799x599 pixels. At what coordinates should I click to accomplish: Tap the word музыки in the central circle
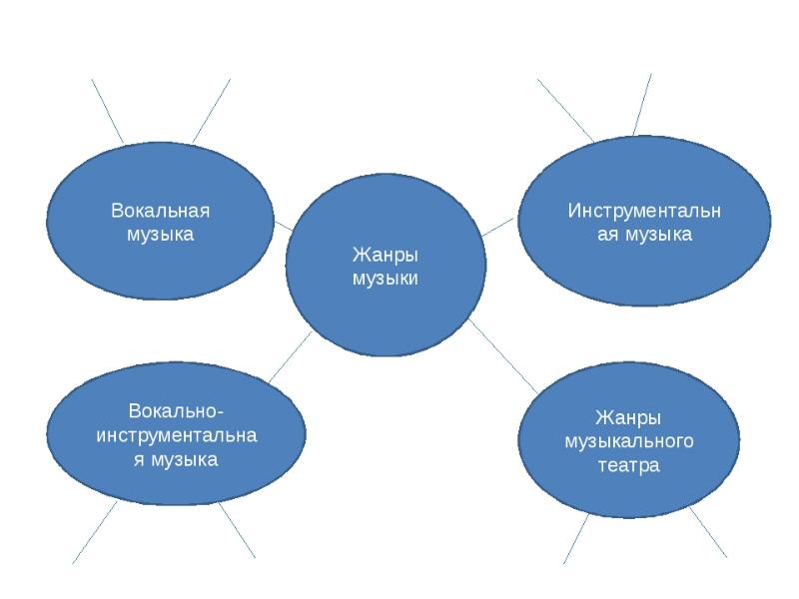coord(385,278)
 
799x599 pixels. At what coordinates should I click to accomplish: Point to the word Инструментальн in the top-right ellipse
coord(644,211)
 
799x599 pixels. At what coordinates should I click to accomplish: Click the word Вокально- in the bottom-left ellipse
coord(176,411)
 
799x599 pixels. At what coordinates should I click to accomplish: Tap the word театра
coord(628,465)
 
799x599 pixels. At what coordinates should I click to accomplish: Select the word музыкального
coord(628,441)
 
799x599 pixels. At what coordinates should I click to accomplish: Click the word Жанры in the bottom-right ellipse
coord(628,416)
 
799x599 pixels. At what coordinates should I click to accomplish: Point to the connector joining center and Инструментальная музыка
coord(498,228)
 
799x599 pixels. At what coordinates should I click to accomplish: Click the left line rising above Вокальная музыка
coord(108,110)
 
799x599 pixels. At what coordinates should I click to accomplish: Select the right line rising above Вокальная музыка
coord(211,110)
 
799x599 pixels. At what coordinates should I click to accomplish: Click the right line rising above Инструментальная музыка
coord(641,104)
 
